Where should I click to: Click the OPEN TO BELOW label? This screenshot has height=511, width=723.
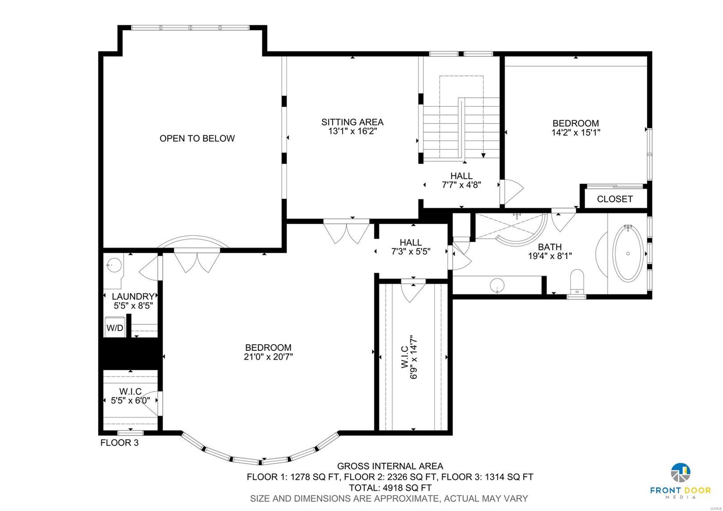click(197, 138)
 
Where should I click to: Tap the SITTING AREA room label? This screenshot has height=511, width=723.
click(352, 122)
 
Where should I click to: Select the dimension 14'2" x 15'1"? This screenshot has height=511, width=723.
click(576, 133)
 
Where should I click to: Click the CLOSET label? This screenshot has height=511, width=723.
click(615, 199)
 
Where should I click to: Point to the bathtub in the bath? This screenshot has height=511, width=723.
click(628, 254)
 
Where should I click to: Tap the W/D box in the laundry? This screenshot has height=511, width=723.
click(115, 328)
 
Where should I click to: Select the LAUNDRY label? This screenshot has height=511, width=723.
click(133, 297)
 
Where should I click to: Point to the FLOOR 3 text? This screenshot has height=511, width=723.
click(119, 443)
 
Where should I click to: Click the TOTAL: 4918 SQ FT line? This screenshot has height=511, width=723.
click(390, 488)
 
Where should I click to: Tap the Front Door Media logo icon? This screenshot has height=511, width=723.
click(680, 473)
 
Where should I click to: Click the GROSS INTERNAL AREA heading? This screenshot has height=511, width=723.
click(390, 466)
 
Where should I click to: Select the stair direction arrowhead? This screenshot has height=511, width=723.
click(483, 156)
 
